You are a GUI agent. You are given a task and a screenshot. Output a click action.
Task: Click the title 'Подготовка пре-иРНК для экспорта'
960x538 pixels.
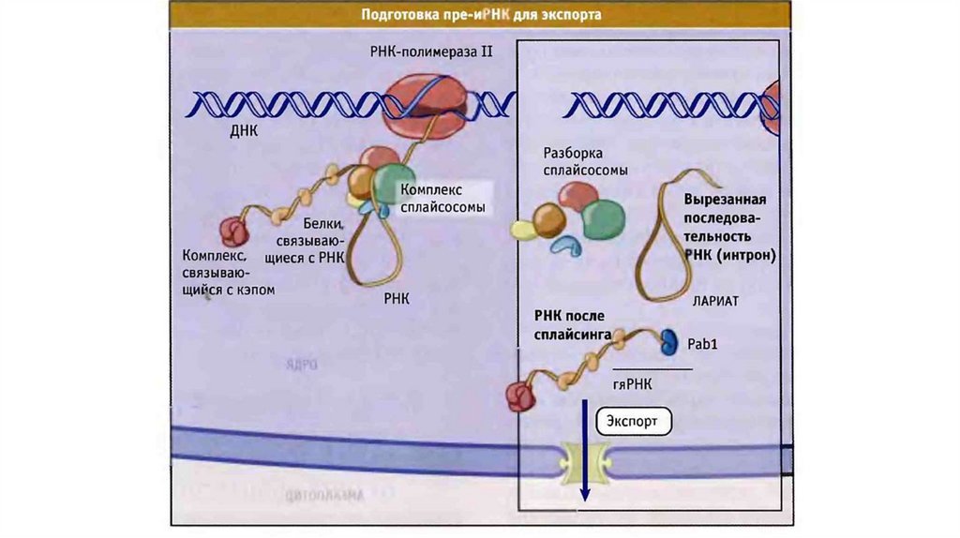pyautogui.click(x=481, y=15)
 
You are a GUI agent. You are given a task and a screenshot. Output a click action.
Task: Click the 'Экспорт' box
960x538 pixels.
pyautogui.click(x=634, y=422)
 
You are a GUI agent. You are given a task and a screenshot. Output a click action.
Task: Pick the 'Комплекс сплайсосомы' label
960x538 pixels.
pyautogui.click(x=442, y=198)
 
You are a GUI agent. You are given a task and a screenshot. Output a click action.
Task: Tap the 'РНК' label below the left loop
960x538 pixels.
pyautogui.click(x=397, y=299)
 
